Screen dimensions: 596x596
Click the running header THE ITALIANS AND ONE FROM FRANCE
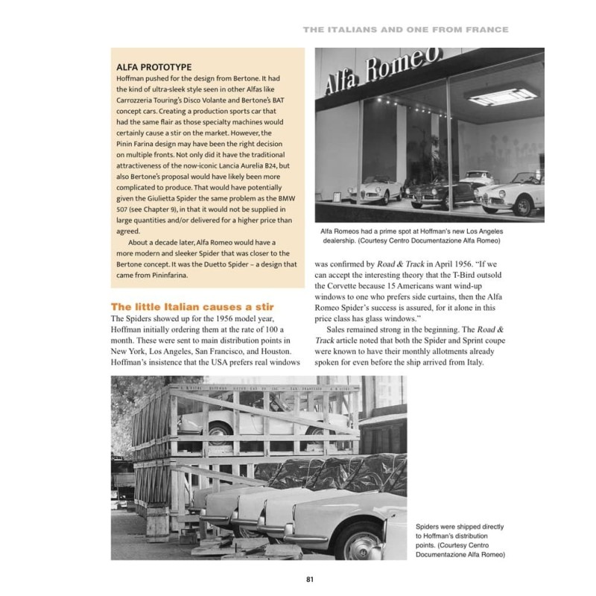(405, 30)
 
